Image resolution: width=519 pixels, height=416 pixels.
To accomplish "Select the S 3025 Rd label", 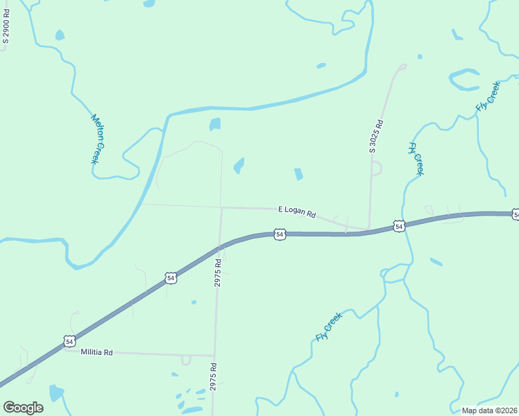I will [x=376, y=136].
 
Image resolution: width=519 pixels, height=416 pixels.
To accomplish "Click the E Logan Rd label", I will [x=297, y=211].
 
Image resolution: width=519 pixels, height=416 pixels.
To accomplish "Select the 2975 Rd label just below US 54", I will [x=218, y=274].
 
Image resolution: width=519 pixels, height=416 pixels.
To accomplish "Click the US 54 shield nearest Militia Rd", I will [x=69, y=341].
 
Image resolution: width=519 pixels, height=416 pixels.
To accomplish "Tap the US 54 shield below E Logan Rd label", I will [x=280, y=234].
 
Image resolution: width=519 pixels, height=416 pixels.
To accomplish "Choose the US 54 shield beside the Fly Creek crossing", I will [x=398, y=226].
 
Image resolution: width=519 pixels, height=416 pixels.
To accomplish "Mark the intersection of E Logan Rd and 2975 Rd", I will [x=221, y=207].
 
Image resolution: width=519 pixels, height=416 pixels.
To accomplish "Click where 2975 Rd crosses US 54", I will [x=220, y=246].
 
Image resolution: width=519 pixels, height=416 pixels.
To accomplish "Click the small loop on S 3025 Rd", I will [x=377, y=168].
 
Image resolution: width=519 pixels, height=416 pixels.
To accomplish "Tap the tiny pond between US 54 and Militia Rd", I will [x=194, y=302].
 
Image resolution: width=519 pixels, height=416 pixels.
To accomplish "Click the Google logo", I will [x=23, y=408].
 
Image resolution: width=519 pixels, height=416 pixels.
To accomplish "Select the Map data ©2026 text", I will [x=489, y=410].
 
